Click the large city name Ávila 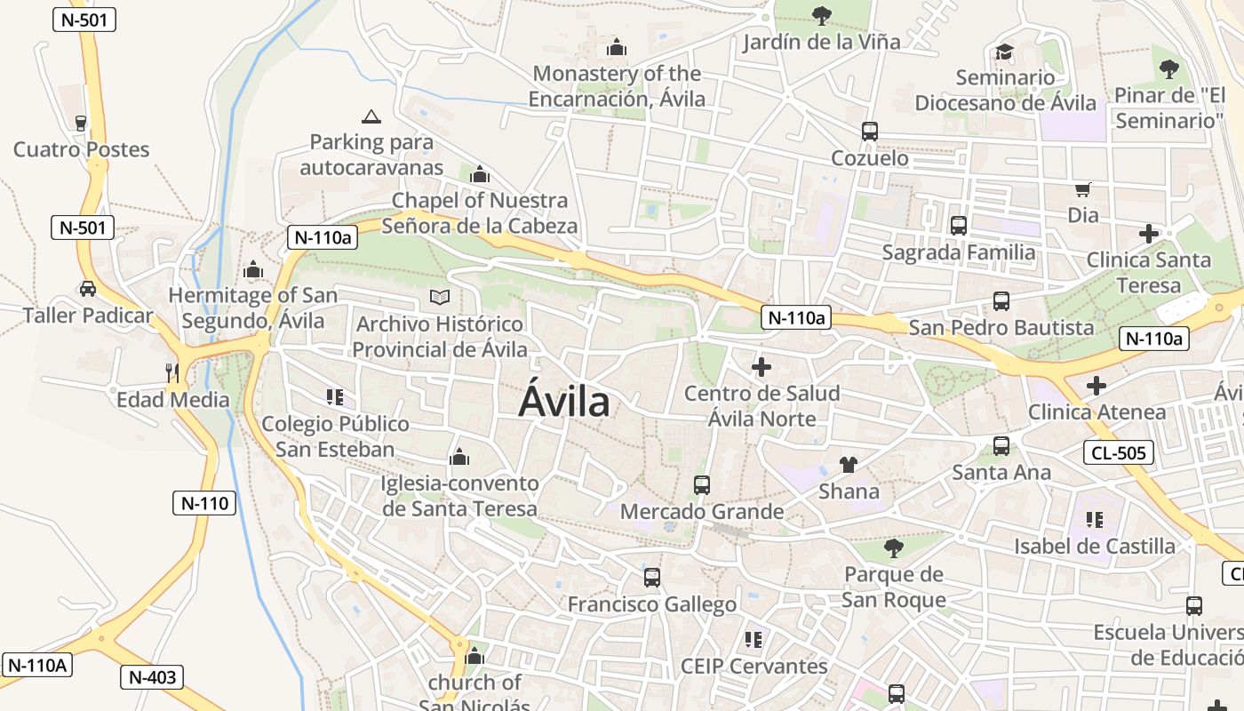pos(564,402)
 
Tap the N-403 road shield pos(152,677)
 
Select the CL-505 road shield pos(1119,453)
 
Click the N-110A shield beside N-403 pos(38,665)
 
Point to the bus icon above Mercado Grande pos(702,485)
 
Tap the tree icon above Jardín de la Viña pos(821,15)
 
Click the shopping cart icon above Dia pos(1082,189)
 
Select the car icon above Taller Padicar pos(88,289)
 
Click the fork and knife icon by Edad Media pos(172,372)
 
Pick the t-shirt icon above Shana pos(849,465)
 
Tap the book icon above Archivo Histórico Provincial pos(440,297)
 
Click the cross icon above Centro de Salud pos(762,366)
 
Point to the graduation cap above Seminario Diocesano pos(1004,52)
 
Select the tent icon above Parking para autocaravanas pos(371,116)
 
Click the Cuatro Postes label pos(81,149)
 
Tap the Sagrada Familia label pos(959,252)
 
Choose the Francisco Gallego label pos(652,604)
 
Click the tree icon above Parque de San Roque pos(894,547)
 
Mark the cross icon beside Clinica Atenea pos(1096,386)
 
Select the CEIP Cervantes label pos(754,666)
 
